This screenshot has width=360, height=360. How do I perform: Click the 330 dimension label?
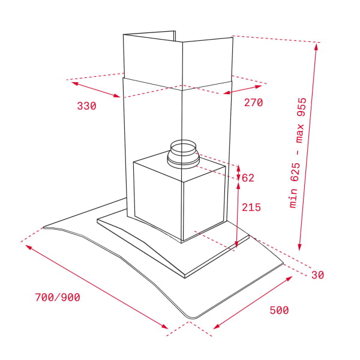pos(86,106)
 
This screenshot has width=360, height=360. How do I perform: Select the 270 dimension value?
pos(253,103)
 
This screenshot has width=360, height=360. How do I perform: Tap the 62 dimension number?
pos(248,178)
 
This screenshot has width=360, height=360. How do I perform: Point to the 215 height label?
pos(251,208)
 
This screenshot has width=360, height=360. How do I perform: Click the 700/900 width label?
pos(58,298)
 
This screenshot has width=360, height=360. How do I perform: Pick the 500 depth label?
pos(279,310)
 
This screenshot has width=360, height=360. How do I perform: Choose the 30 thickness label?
pos(318,275)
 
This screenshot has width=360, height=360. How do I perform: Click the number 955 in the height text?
pos(301,107)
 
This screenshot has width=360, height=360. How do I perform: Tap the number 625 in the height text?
pos(295,172)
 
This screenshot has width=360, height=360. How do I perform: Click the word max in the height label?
pos(299,133)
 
